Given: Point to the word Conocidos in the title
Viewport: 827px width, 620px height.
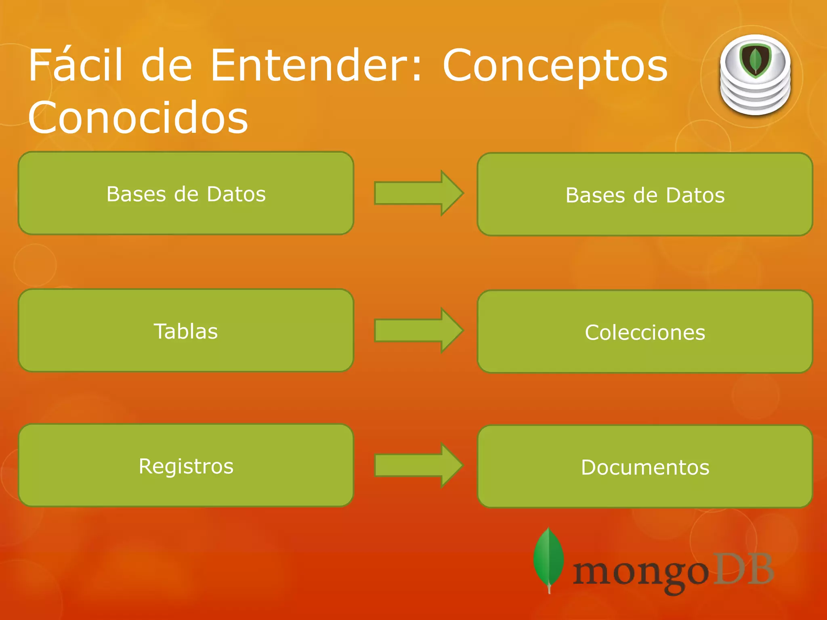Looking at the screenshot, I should click(x=138, y=117).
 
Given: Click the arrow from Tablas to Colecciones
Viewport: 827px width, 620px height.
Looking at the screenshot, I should click(x=418, y=330).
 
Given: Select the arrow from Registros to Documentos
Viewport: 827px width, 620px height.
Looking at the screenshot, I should click(x=418, y=465).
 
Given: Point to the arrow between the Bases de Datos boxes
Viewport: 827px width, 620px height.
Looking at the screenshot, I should click(x=418, y=193).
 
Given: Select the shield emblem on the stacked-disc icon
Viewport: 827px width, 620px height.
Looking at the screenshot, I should click(x=755, y=61).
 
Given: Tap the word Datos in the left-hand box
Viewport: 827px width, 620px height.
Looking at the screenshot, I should click(x=236, y=194).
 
